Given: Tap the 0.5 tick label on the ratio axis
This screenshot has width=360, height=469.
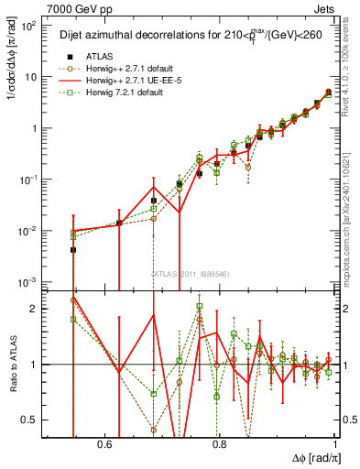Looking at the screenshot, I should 33,420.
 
